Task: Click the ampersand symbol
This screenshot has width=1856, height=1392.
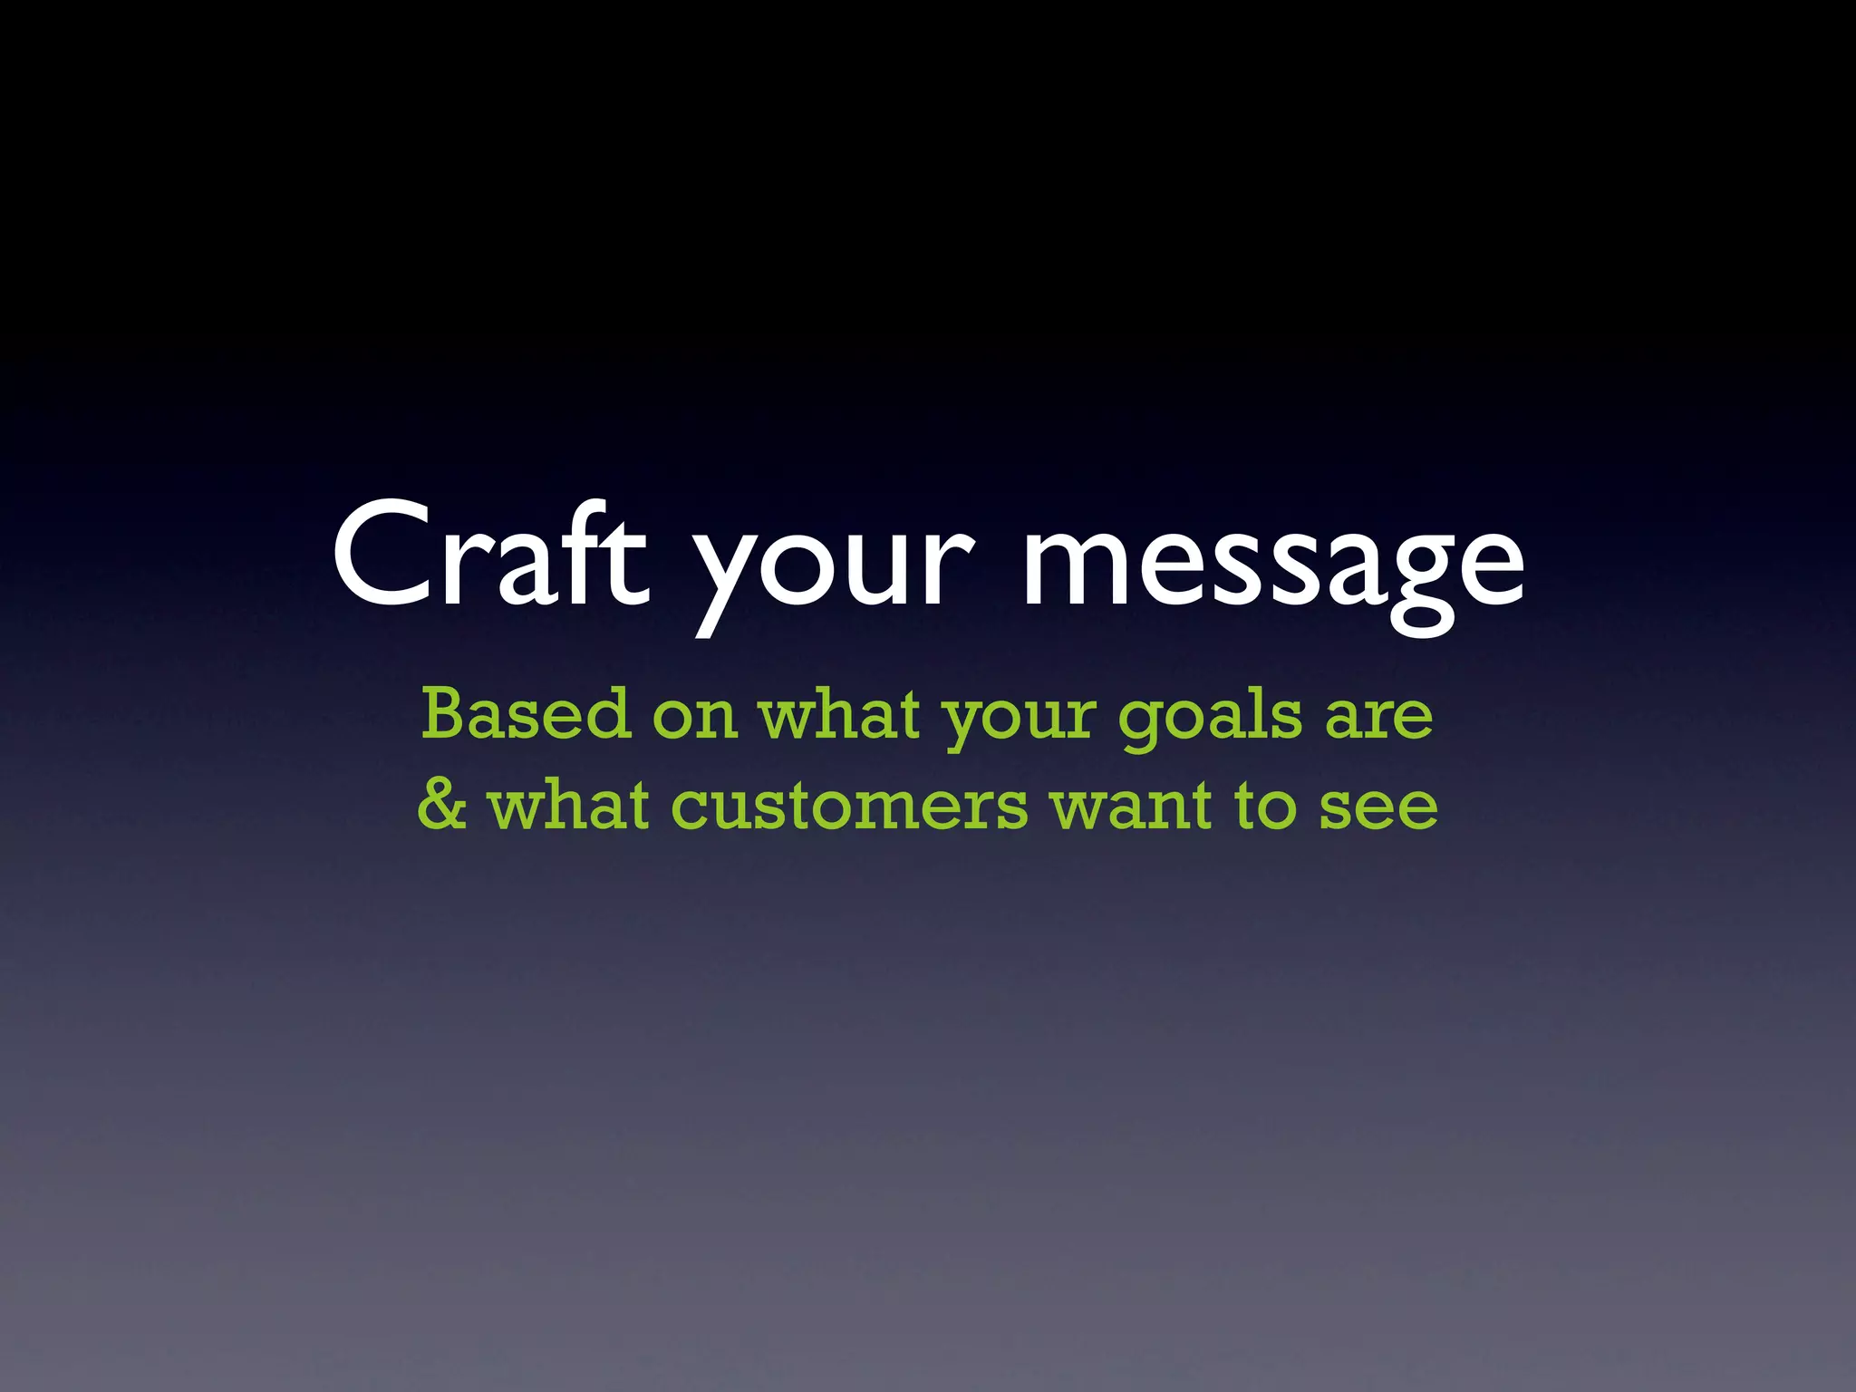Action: point(442,805)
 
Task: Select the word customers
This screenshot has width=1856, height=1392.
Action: point(849,807)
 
